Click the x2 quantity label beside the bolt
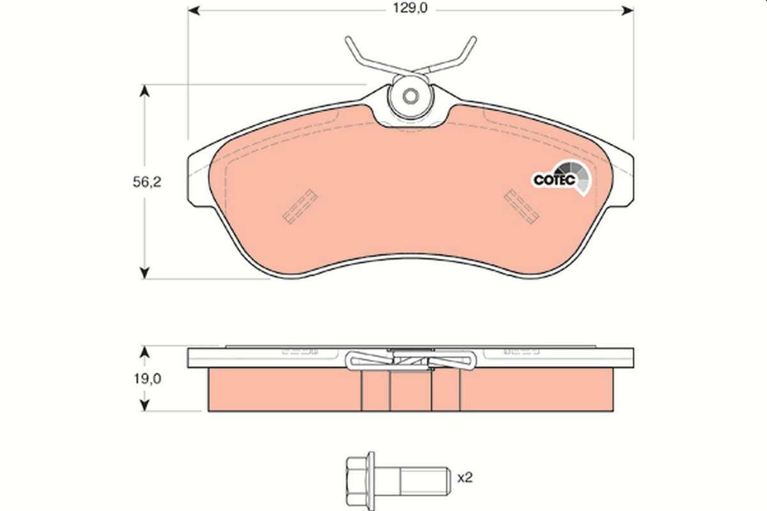[x=465, y=477]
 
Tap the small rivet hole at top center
[x=411, y=97]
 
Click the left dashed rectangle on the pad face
[x=300, y=206]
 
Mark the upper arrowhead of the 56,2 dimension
[x=146, y=91]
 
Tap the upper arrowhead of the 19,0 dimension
[x=146, y=352]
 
